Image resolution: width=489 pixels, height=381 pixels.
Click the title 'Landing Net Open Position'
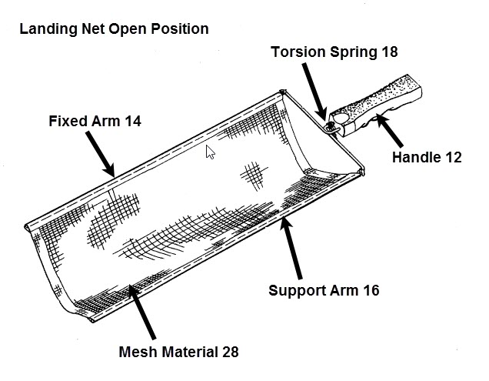tap(113, 29)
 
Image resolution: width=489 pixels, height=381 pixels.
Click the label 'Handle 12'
tap(427, 157)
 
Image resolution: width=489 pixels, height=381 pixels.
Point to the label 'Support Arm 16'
tap(324, 291)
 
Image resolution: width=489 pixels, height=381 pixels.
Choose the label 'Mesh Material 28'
tap(179, 353)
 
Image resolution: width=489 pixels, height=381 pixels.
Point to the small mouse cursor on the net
tap(209, 152)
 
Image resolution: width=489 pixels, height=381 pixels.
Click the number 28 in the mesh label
tap(228, 353)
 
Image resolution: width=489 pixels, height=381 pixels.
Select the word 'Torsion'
tap(294, 52)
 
